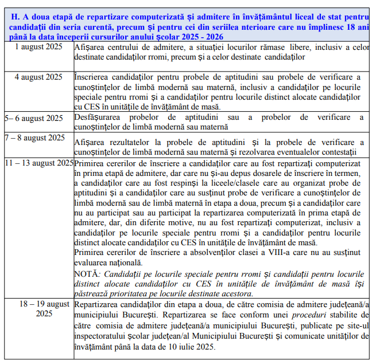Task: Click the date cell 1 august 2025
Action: click(38, 46)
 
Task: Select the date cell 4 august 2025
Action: click(38, 77)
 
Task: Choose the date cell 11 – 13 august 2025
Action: click(39, 163)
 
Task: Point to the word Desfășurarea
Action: click(98, 117)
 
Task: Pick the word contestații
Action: click(336, 151)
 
